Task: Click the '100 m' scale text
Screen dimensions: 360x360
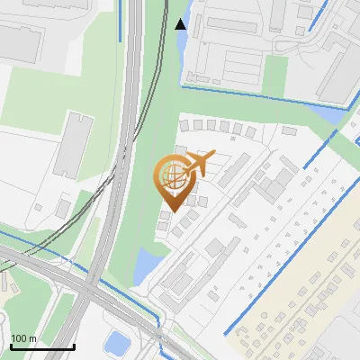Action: point(23,338)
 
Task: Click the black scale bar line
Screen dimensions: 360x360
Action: point(41,346)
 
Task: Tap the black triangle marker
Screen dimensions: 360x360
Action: point(181,24)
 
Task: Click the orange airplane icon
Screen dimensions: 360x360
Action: point(198,165)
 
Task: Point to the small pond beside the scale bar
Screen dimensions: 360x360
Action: point(116,342)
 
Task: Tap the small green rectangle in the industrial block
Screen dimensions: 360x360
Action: point(278,67)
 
